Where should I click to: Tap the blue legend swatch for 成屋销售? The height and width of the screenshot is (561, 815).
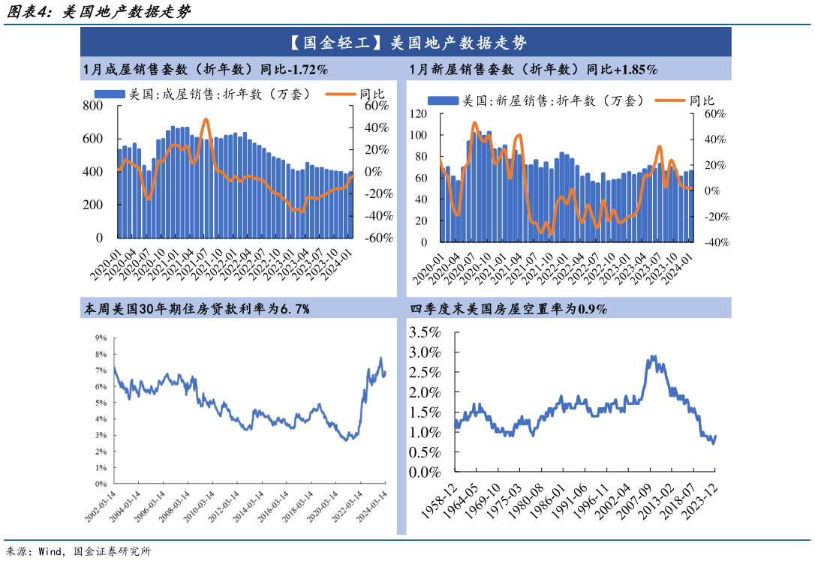(110, 94)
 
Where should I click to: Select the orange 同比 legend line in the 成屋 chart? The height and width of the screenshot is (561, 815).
(341, 94)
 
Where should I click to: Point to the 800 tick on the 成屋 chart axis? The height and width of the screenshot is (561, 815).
(92, 106)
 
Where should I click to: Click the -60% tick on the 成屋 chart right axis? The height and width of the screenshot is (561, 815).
(378, 238)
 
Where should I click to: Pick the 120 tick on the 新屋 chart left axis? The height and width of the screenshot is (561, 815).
(418, 114)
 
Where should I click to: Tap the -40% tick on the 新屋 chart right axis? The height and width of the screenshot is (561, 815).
(717, 242)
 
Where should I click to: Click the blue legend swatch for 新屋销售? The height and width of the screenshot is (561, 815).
(443, 100)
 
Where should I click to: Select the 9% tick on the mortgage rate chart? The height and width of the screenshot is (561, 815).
(101, 337)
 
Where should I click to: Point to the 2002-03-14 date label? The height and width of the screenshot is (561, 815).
(101, 506)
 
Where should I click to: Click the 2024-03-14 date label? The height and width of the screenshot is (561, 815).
(371, 506)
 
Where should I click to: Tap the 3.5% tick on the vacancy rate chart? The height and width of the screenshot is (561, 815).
(425, 332)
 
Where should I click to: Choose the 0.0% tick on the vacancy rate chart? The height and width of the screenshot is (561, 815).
(425, 472)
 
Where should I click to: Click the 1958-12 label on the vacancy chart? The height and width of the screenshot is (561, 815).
(439, 501)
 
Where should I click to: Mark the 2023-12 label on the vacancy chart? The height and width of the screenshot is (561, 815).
(699, 501)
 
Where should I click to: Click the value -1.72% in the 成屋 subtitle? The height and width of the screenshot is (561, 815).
(308, 70)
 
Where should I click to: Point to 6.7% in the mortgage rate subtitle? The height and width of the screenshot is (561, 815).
(295, 309)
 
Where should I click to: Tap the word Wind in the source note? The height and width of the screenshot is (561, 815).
(50, 551)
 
